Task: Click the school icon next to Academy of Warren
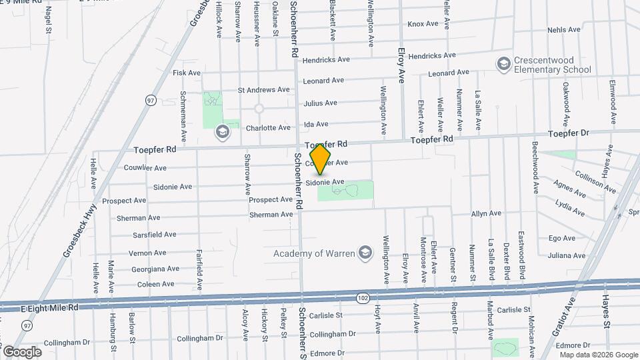coord(365,253)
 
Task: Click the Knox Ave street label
coord(423,24)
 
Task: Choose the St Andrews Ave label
coord(264,89)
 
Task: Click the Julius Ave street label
coord(320,103)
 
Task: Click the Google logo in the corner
coord(22,351)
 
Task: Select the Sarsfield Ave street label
coord(154,235)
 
